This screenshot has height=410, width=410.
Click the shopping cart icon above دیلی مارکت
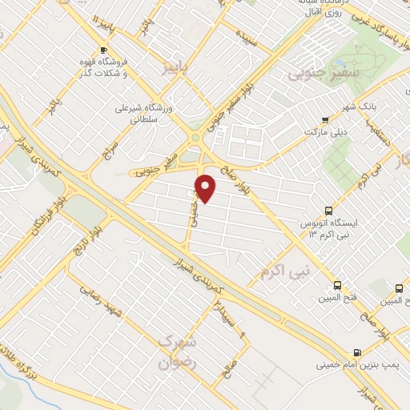(324, 119)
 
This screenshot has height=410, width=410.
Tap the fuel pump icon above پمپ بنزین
(356, 352)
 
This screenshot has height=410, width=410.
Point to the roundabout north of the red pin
(195, 139)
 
